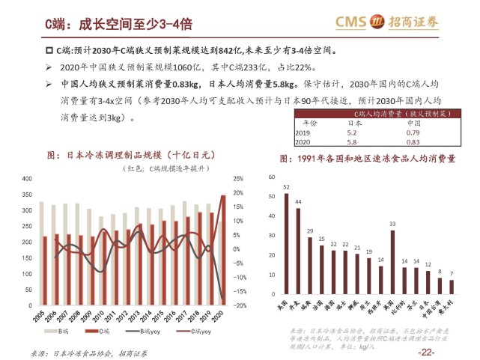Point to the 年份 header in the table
309,123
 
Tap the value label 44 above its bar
298,202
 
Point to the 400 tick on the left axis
26,180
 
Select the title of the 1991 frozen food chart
368,159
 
